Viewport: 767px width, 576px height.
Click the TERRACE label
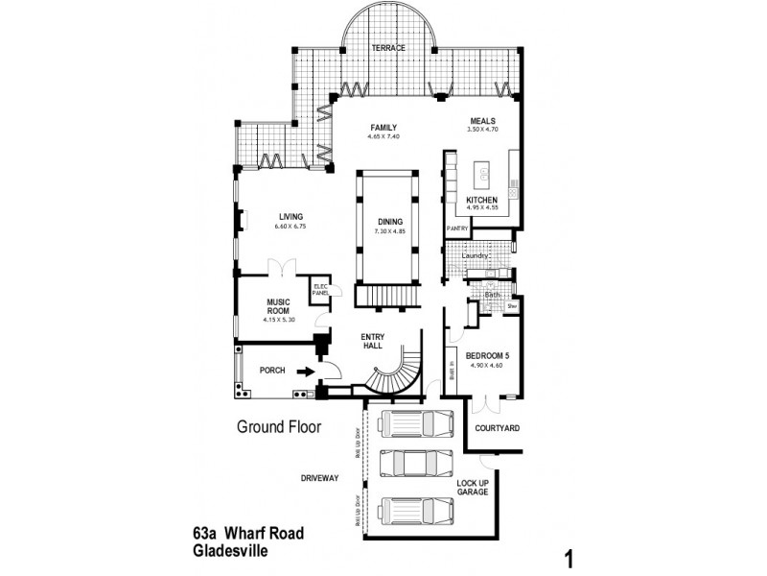click(389, 48)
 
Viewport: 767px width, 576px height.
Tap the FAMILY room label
click(383, 128)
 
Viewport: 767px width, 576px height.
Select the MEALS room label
click(481, 120)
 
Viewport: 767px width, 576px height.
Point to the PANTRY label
click(457, 228)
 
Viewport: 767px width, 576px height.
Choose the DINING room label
click(389, 222)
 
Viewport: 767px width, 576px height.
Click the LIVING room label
click(291, 216)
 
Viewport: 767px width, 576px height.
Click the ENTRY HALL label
click(373, 341)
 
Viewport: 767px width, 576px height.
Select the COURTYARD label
click(498, 428)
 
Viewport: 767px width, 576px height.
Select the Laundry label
click(475, 256)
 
